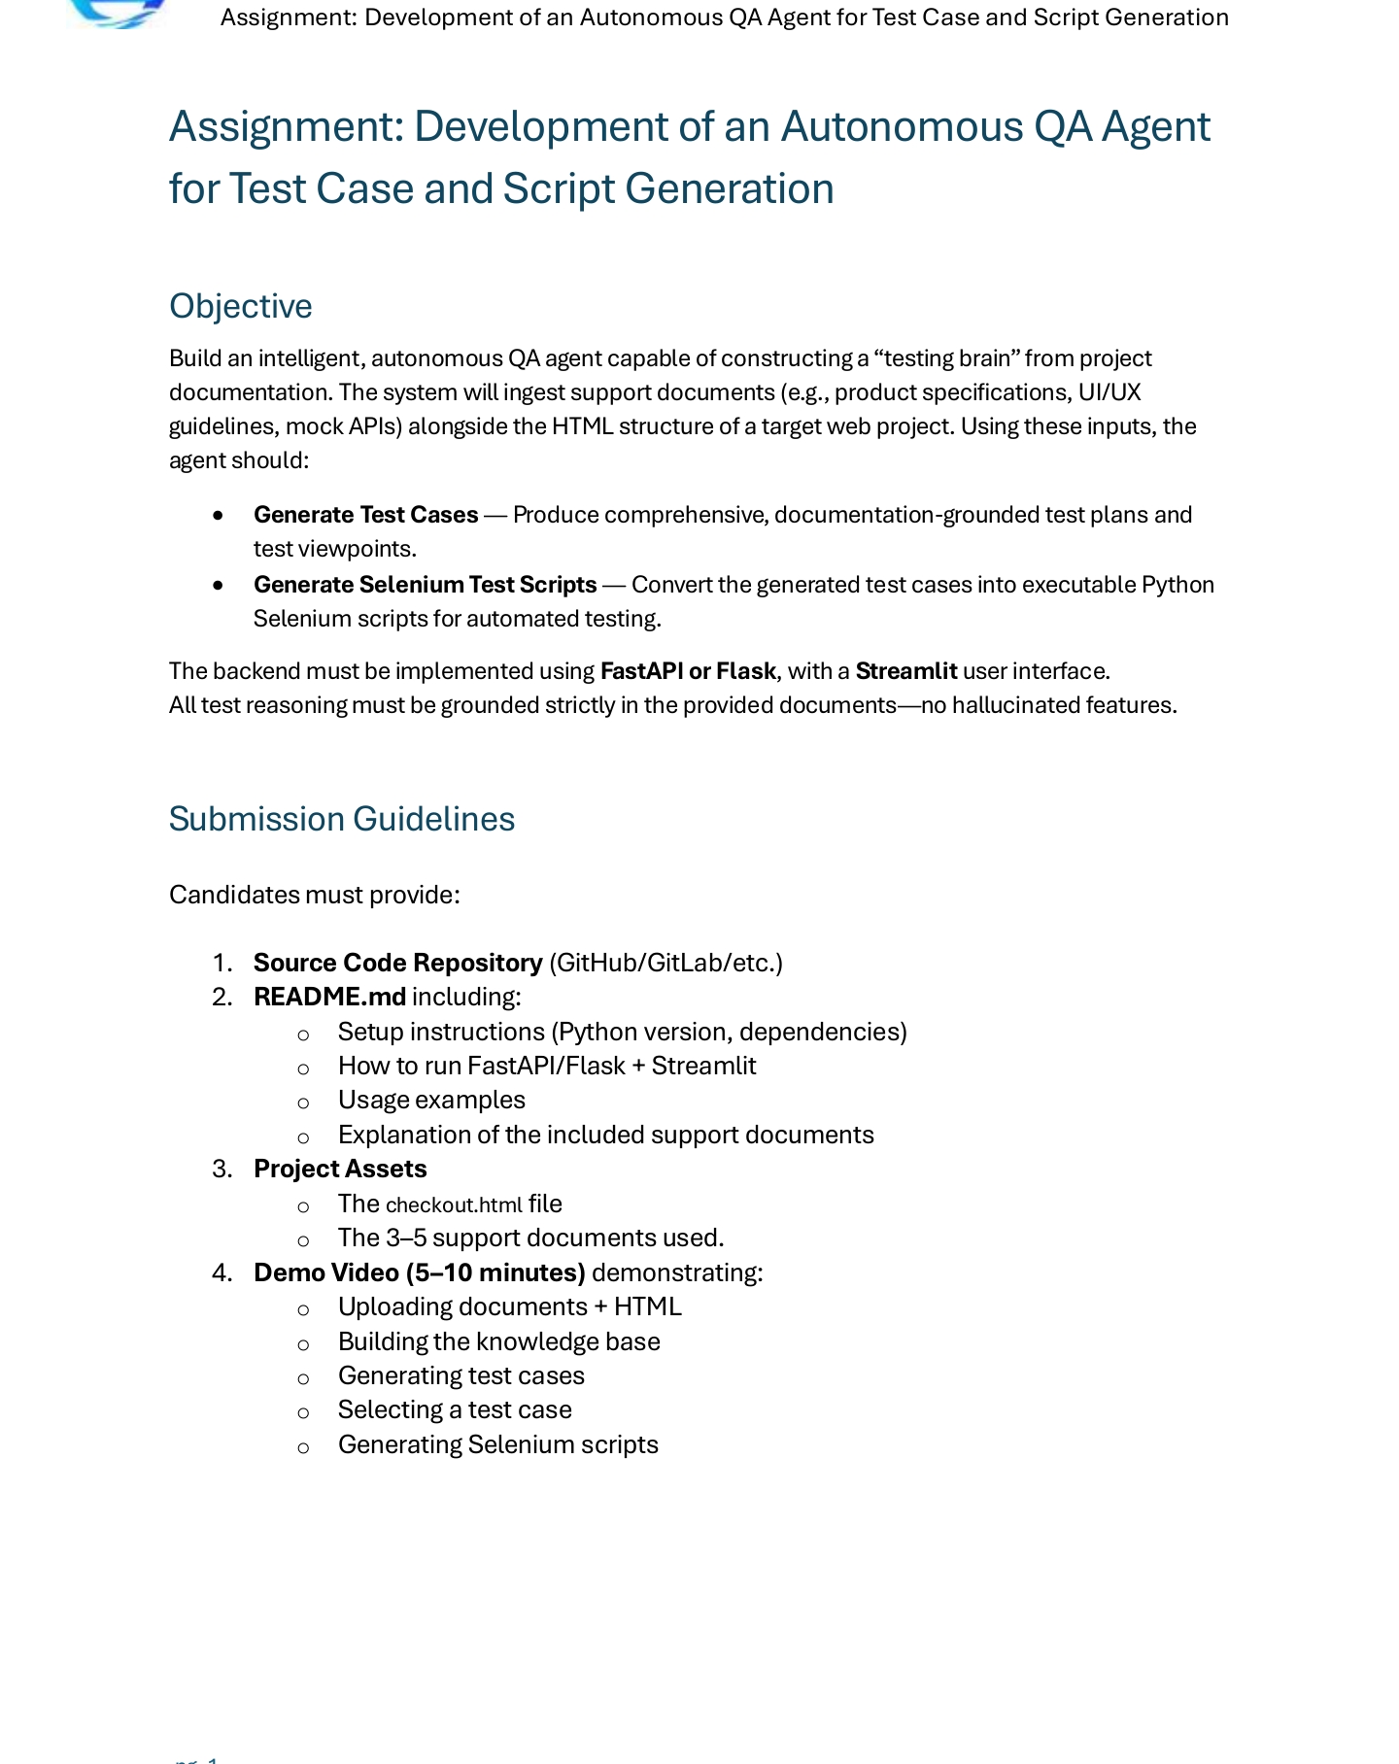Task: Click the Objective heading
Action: (240, 306)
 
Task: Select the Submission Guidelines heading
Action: (341, 819)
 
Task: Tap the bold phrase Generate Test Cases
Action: (365, 515)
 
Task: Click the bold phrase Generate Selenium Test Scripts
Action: (425, 585)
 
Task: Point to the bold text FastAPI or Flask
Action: (688, 671)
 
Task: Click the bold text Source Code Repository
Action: (397, 963)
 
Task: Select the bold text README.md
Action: (329, 997)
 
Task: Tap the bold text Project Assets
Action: (340, 1169)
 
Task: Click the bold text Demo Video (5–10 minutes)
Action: (419, 1272)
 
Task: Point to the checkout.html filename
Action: (454, 1204)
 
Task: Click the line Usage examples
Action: (431, 1100)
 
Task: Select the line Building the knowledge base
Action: (498, 1341)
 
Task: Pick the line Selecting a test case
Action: (455, 1409)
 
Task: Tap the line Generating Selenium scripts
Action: (497, 1444)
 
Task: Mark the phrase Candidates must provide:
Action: (314, 895)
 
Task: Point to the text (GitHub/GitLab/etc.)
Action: (665, 963)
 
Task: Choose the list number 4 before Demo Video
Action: (221, 1272)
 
